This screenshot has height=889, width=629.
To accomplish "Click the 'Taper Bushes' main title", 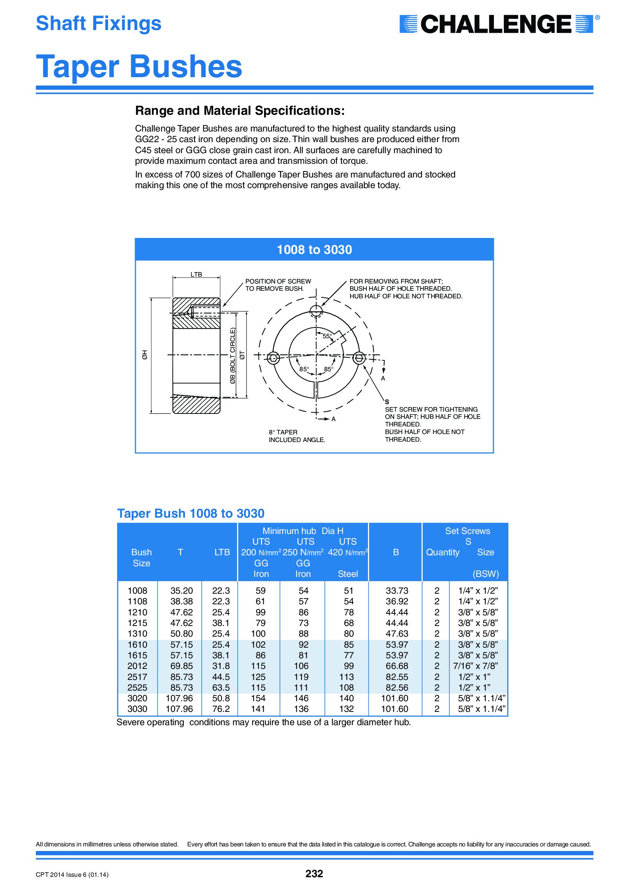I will tap(139, 67).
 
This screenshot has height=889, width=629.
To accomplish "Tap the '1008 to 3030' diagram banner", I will tap(314, 250).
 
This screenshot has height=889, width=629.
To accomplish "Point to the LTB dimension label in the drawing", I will tap(196, 274).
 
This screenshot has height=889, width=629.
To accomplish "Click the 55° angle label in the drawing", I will tap(327, 336).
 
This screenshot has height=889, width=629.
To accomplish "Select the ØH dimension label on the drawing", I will tap(145, 355).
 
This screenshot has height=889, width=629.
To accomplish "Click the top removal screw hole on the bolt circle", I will tap(316, 311).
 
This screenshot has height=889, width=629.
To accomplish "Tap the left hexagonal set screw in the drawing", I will tap(274, 358).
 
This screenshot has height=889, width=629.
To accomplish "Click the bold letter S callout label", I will tap(387, 402).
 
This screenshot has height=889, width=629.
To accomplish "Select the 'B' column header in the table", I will tap(396, 552).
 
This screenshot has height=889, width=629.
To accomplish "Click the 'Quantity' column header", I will tap(443, 552).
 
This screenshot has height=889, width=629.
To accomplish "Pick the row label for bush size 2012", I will tap(137, 666).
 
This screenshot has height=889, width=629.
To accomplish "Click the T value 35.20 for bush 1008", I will tap(182, 591).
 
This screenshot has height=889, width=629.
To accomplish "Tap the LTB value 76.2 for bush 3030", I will tap(221, 709).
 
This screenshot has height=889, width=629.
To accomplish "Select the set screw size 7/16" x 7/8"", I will tap(476, 666).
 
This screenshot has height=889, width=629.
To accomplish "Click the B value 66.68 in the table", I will tap(397, 666).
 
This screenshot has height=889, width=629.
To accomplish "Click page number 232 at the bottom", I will tap(314, 873).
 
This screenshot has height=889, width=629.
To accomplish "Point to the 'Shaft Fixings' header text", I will tap(99, 23).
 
